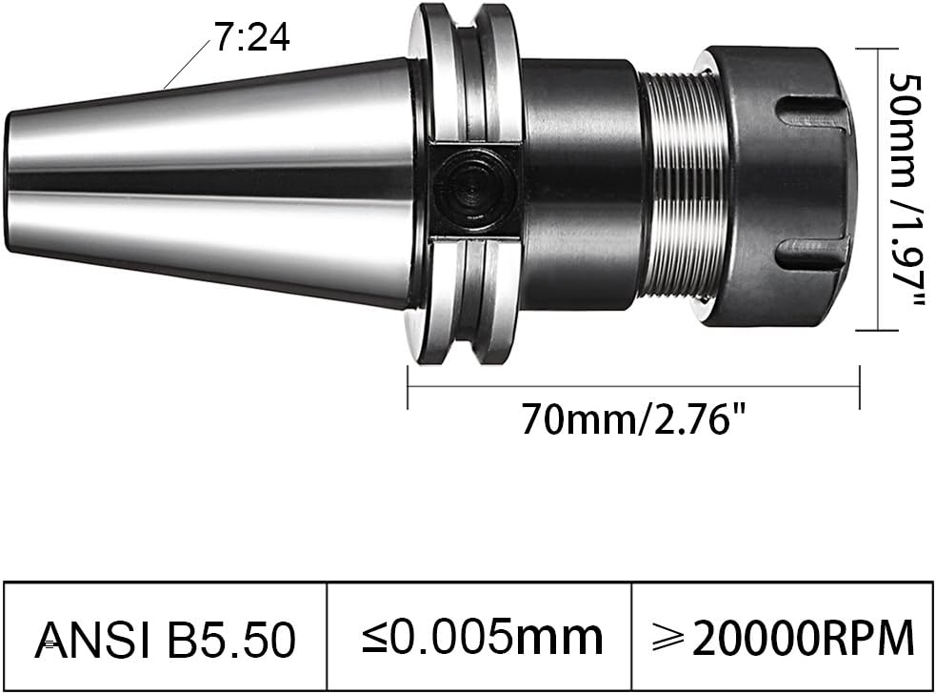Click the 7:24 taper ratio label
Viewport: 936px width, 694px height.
click(250, 38)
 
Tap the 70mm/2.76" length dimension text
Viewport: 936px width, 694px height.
click(632, 418)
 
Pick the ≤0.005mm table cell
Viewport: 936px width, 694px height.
click(480, 637)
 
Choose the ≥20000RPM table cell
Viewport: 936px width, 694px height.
click(782, 637)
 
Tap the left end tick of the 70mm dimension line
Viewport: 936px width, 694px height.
click(408, 386)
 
